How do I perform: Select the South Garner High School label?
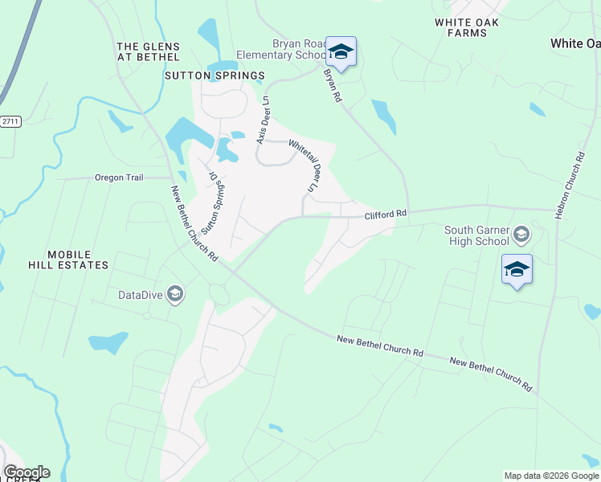tap(477, 235)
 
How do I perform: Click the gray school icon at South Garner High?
tap(521, 235)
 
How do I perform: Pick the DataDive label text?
tap(141, 295)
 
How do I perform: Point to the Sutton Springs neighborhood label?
tap(214, 76)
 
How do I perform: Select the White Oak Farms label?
tap(472, 28)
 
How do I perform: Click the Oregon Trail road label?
tap(118, 178)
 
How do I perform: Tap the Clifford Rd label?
tap(386, 214)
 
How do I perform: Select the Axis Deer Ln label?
tap(261, 121)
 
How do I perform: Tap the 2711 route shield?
tap(10, 121)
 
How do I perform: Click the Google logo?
tap(26, 472)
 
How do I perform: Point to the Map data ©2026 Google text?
tap(550, 476)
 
